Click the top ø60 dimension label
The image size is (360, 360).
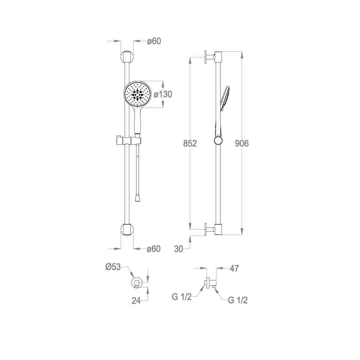(x=154, y=41)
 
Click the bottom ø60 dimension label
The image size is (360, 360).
(x=154, y=249)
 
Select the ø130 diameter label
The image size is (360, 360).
(x=163, y=94)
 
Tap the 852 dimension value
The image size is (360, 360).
(x=190, y=143)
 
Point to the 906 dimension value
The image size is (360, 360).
(x=242, y=143)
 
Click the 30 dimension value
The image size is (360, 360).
(x=179, y=249)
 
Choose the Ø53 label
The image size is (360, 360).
(x=113, y=267)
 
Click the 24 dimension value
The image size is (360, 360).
(x=136, y=300)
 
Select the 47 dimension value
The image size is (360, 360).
(x=234, y=268)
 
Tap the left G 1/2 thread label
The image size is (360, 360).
(x=181, y=297)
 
